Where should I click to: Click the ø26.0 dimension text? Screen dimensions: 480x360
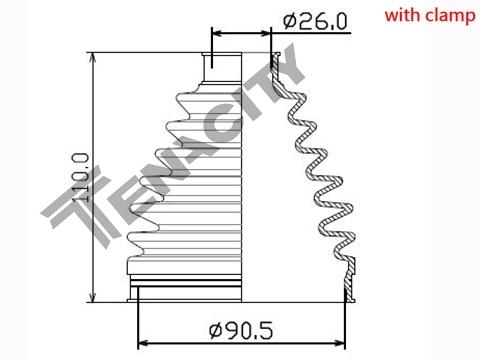pyautogui.click(x=315, y=21)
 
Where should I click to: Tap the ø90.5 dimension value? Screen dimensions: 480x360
pyautogui.click(x=241, y=330)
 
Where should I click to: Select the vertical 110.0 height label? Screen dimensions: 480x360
pyautogui.click(x=80, y=177)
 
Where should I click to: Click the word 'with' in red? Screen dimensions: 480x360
pyautogui.click(x=402, y=15)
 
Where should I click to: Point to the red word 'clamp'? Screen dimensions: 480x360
pyautogui.click(x=450, y=17)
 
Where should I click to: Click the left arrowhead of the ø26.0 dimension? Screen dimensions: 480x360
pyautogui.click(x=217, y=33)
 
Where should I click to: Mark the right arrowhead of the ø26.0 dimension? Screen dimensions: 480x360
pyautogui.click(x=266, y=33)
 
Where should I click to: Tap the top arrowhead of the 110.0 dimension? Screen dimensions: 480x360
pyautogui.click(x=93, y=57)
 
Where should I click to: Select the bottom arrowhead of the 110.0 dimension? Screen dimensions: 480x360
pyautogui.click(x=93, y=297)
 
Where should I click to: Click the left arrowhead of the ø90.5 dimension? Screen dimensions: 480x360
pyautogui.click(x=143, y=343)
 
